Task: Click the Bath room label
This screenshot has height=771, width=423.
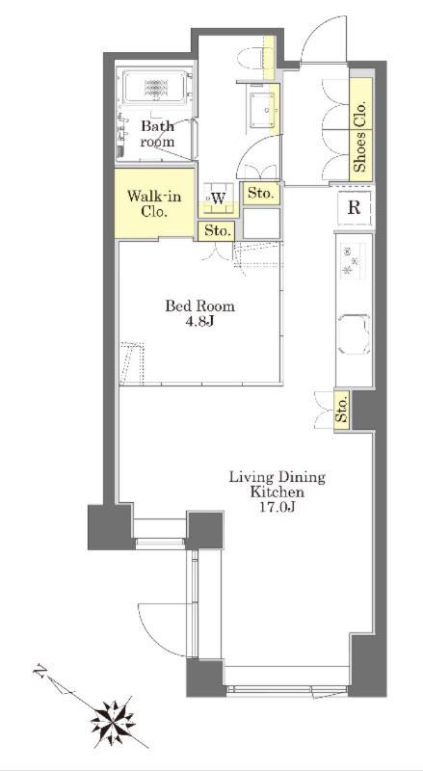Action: click(x=157, y=134)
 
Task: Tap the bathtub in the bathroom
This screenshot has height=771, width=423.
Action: click(x=155, y=88)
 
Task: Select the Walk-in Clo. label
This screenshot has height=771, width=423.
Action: click(x=154, y=204)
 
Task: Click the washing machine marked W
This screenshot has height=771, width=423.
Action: click(x=219, y=199)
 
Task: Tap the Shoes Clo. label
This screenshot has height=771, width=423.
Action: click(x=360, y=137)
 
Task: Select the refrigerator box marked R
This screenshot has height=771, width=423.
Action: click(x=354, y=208)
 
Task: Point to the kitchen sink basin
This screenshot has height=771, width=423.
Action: click(x=354, y=334)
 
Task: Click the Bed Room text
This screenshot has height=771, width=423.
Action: click(x=199, y=306)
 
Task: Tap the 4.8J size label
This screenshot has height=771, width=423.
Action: click(x=199, y=324)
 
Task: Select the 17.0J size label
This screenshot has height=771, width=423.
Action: click(x=277, y=508)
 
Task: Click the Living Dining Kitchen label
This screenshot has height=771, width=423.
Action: click(x=277, y=485)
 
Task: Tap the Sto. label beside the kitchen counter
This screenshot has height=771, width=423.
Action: click(x=342, y=411)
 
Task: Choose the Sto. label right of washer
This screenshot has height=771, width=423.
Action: click(x=261, y=194)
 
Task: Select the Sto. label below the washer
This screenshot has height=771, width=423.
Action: click(x=218, y=230)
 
